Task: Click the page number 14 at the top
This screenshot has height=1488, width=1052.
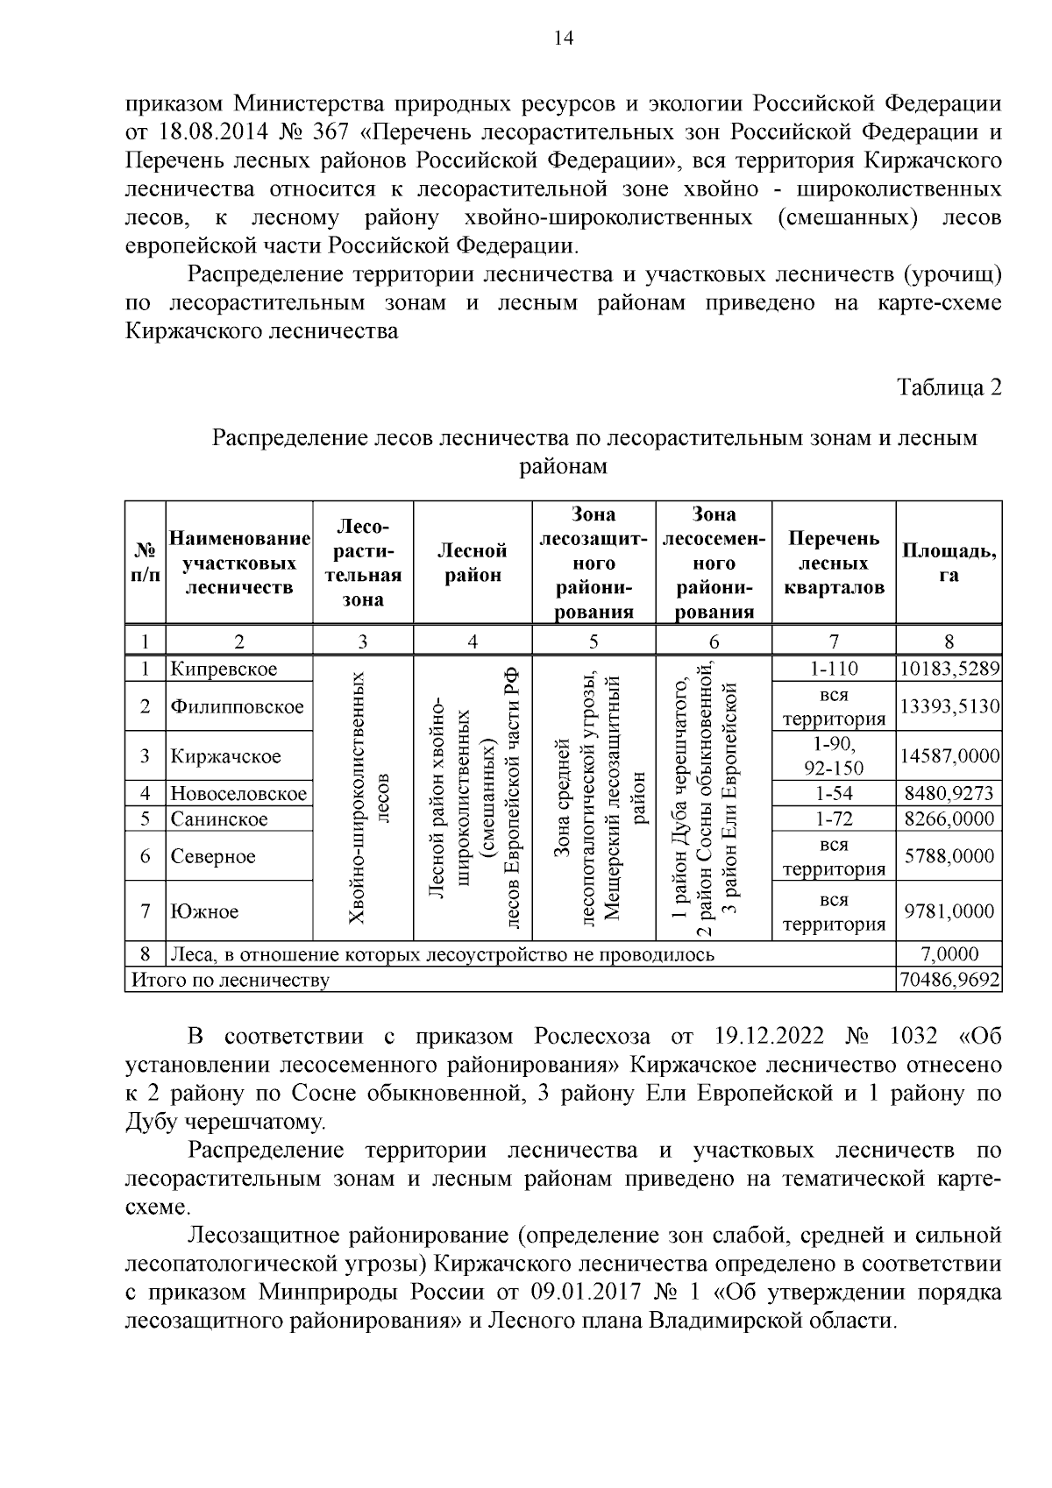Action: click(563, 38)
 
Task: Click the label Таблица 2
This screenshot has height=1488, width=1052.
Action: click(949, 386)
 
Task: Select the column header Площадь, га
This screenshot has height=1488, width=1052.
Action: click(949, 562)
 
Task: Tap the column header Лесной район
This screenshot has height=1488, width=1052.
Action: click(473, 562)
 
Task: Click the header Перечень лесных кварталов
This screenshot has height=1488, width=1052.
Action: click(833, 562)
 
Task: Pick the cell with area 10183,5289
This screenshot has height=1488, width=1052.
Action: click(949, 669)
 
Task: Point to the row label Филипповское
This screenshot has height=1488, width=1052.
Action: click(237, 706)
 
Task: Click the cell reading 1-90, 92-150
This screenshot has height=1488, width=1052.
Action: click(833, 755)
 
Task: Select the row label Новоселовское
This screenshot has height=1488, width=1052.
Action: click(238, 794)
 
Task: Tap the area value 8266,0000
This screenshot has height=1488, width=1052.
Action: click(949, 819)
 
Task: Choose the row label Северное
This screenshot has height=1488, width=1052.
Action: click(213, 856)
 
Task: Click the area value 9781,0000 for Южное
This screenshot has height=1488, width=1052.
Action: click(949, 911)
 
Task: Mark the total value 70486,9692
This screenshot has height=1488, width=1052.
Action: click(949, 980)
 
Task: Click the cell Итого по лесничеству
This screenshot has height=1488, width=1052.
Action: click(230, 980)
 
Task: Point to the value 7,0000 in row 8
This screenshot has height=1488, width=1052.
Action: click(949, 954)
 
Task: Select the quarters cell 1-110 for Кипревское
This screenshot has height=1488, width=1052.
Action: click(833, 669)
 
